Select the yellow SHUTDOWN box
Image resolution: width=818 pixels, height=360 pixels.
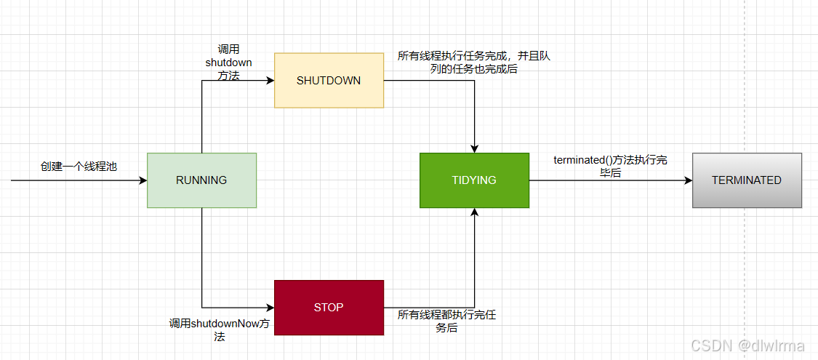click(x=329, y=95)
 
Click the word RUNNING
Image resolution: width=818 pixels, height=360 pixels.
click(x=201, y=180)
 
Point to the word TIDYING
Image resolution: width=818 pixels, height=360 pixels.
click(x=474, y=180)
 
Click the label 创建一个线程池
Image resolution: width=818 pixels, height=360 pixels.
click(x=79, y=166)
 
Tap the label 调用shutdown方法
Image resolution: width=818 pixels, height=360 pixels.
click(x=228, y=63)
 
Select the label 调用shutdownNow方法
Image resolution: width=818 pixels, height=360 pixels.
click(x=220, y=329)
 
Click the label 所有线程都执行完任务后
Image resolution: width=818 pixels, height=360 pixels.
click(x=446, y=321)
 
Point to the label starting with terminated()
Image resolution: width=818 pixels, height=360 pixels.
click(x=610, y=167)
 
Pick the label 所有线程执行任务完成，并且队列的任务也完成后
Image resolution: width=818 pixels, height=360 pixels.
click(x=473, y=63)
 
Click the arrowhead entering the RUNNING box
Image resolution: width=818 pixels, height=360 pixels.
click(x=143, y=180)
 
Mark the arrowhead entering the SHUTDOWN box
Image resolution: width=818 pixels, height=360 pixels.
click(x=270, y=80)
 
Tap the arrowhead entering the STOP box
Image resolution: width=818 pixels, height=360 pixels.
click(x=270, y=308)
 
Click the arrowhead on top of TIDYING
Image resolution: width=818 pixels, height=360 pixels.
click(x=474, y=148)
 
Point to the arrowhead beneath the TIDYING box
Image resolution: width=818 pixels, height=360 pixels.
click(x=474, y=212)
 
